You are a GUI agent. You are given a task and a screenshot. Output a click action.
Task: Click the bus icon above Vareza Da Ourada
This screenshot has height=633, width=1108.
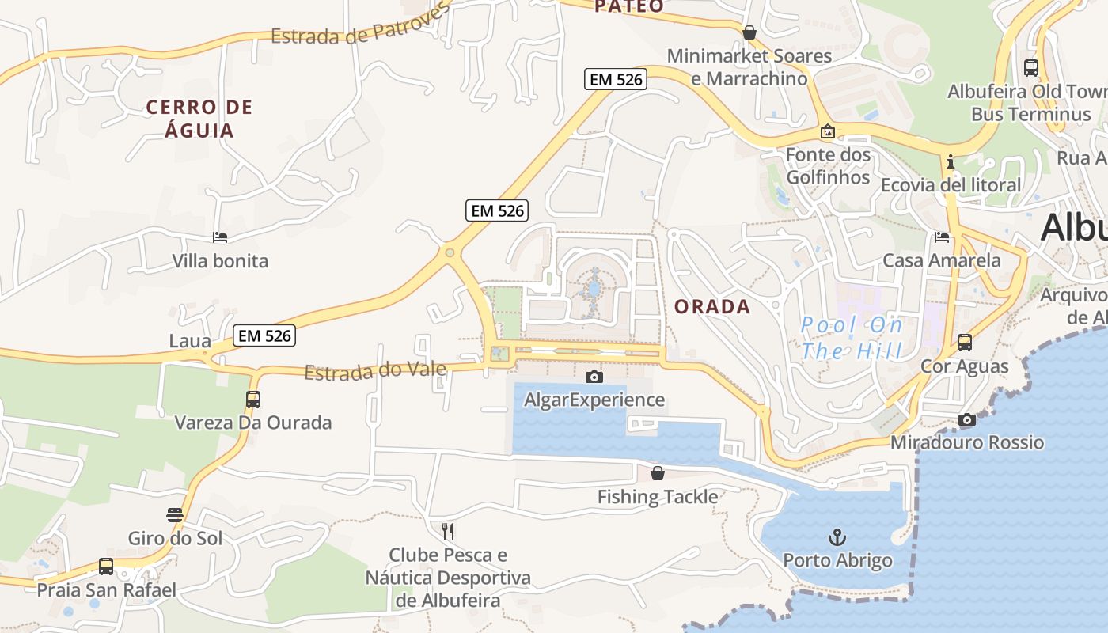253,400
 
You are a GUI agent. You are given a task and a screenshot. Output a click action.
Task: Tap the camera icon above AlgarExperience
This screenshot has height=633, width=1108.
594,377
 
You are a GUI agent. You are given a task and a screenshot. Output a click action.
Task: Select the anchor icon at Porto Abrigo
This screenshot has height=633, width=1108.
837,538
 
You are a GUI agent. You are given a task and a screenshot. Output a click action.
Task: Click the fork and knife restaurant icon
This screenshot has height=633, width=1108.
448,531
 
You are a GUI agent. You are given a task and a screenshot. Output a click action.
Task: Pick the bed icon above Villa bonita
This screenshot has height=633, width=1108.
220,237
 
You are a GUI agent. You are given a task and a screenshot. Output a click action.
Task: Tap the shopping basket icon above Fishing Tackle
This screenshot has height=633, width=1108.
657,473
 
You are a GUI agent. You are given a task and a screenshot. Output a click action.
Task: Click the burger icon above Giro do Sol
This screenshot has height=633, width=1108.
175,515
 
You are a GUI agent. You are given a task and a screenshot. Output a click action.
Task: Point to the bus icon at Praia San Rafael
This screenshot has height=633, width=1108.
106,567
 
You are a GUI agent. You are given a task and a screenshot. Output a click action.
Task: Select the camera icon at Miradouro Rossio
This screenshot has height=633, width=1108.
966,419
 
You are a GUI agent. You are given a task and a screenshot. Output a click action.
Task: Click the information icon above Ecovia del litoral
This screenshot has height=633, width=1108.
950,162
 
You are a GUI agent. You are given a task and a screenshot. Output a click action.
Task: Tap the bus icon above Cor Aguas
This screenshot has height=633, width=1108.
965,343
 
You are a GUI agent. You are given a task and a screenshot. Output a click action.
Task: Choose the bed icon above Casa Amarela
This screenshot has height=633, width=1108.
942,237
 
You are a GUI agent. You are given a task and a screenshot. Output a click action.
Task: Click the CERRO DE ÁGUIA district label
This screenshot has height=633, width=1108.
199,119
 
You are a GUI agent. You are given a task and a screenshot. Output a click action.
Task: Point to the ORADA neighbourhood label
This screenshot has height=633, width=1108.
712,307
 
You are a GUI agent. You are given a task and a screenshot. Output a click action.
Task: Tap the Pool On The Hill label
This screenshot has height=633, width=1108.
852,338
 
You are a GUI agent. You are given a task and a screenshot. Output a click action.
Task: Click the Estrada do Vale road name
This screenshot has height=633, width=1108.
376,370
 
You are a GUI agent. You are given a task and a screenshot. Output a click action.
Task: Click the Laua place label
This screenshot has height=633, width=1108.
190,341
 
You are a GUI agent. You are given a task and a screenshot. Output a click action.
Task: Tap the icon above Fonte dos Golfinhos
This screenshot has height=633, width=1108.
828,131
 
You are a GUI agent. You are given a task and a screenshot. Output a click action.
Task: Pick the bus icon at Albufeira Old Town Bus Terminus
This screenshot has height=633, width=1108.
1030,68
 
